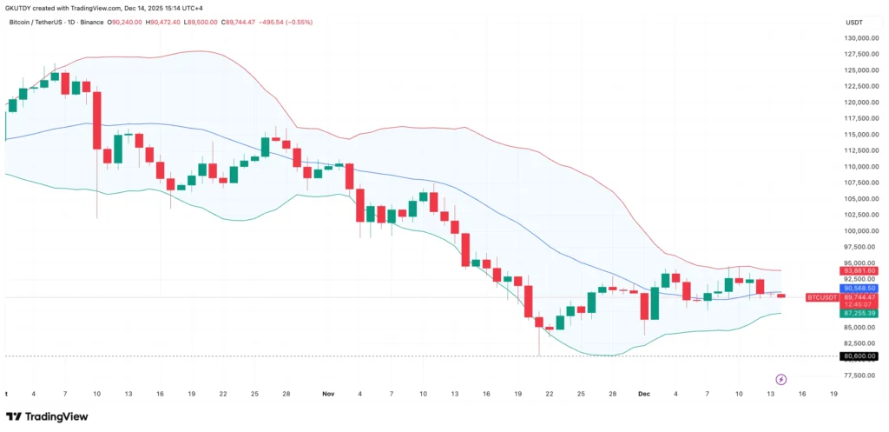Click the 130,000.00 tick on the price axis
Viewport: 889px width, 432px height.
859,38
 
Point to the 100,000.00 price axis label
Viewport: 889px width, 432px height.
859,231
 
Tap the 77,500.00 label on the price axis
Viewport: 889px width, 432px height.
859,376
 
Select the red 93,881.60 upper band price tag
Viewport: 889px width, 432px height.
859,271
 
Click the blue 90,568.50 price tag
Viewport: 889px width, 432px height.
859,288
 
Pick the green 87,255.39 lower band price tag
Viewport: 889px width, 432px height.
859,313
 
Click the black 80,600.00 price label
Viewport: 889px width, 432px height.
859,356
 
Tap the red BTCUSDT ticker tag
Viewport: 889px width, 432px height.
822,297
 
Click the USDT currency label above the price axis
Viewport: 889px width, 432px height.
855,22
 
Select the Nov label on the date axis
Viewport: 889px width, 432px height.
328,394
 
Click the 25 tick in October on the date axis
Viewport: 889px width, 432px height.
254,394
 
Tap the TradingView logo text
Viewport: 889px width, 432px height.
57,416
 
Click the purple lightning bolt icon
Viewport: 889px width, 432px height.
780,379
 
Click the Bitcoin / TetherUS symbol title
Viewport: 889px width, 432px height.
32,22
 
